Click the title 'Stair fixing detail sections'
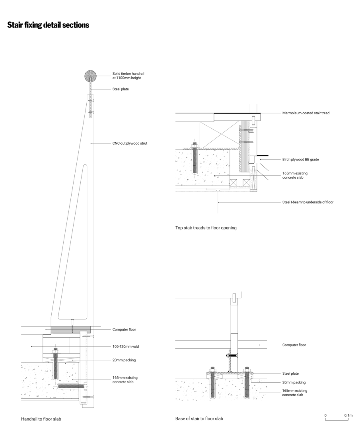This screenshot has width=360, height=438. coord(48,25)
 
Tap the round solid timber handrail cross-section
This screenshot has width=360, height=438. coord(91,75)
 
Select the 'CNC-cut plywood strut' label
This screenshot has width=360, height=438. coord(130,143)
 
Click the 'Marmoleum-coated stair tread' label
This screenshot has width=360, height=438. coord(306,113)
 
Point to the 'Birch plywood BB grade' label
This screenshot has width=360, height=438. coord(301,159)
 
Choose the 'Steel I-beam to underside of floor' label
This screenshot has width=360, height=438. coord(308,202)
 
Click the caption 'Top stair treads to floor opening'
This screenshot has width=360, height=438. coord(206,228)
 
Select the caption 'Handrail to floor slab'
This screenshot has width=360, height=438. coord(41,419)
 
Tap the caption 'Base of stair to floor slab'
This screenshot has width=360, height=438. coord(199,418)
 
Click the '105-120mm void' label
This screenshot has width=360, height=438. coord(125,346)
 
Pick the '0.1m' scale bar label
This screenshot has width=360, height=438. coord(348,416)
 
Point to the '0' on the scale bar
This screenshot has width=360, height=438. coord(325,416)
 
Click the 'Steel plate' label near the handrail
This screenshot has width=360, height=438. coord(121,89)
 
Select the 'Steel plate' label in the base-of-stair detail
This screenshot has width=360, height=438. coord(290,373)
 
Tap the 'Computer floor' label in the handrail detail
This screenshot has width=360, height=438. coord(125,330)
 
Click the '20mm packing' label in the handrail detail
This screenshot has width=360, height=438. coord(124,360)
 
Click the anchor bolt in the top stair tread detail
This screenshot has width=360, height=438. coord(194,159)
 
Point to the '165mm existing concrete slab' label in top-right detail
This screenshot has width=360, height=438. coord(295,175)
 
